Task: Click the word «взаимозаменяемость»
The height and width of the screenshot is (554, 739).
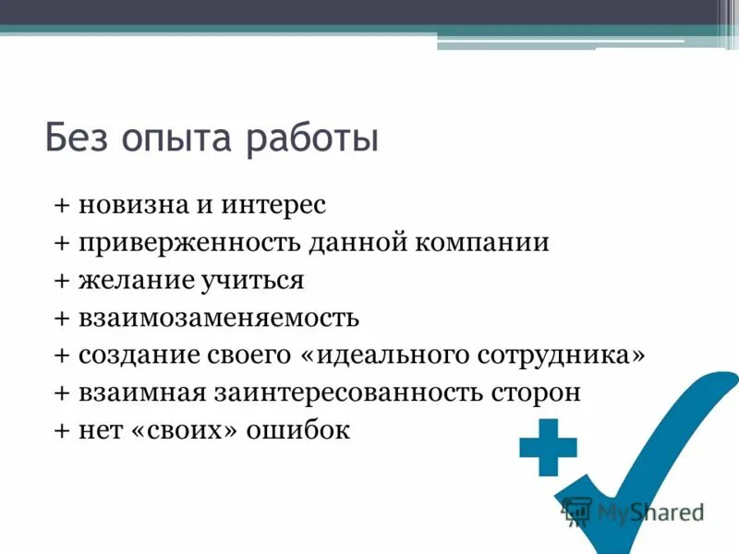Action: tap(218, 319)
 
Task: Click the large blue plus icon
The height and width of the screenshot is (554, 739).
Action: tap(548, 448)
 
